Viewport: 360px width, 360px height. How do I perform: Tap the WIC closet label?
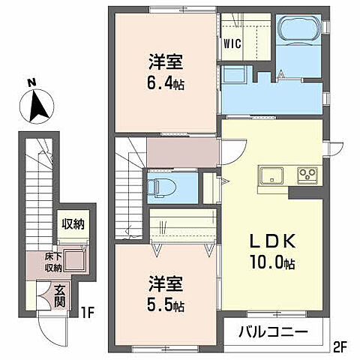[x=232, y=43]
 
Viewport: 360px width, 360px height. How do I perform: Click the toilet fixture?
[x=160, y=187]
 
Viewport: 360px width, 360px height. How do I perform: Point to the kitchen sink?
[x=271, y=177]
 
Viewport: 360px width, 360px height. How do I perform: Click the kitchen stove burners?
[x=307, y=177]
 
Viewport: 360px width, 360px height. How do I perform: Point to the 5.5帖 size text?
[x=166, y=306]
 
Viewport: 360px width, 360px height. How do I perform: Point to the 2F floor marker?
[x=341, y=346]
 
